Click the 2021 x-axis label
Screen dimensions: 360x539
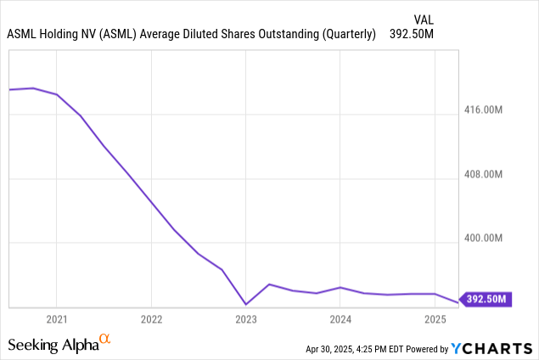pyautogui.click(x=56, y=319)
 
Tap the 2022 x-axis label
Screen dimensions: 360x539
pyautogui.click(x=151, y=319)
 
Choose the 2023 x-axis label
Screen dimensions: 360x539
pyautogui.click(x=246, y=319)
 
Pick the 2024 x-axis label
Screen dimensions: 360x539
pyautogui.click(x=340, y=319)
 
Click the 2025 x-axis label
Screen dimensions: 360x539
pyautogui.click(x=435, y=319)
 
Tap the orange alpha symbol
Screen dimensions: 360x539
pyautogui.click(x=105, y=340)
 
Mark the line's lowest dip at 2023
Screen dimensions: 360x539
pyautogui.click(x=246, y=304)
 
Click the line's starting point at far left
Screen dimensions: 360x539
pyautogui.click(x=9, y=89)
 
